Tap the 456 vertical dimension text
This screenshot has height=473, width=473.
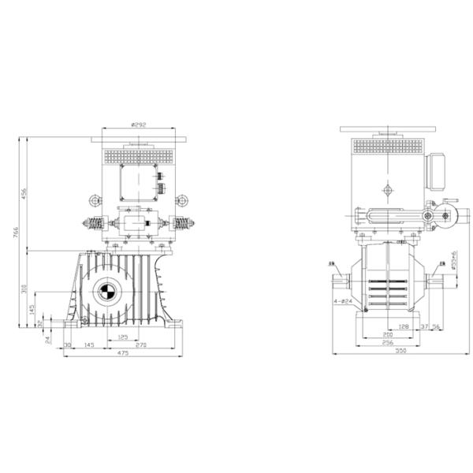coord(24,194)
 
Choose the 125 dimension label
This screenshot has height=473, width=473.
coord(122,337)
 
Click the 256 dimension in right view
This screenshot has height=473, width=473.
coord(386,344)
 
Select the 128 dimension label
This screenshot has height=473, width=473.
coord(402,326)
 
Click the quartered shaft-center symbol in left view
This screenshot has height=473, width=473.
coord(106,293)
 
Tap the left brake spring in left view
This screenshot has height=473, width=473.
coord(93,223)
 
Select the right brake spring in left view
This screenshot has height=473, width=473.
coord(182,223)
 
